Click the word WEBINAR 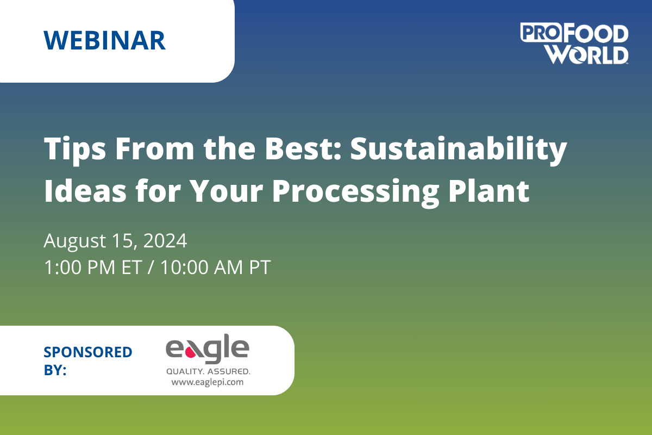pyautogui.click(x=104, y=40)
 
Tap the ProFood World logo pyautogui.click(x=574, y=43)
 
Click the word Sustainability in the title pyautogui.click(x=459, y=150)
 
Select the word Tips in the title pyautogui.click(x=75, y=150)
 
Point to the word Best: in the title pyautogui.click(x=303, y=149)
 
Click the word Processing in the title pyautogui.click(x=355, y=192)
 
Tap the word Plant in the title pyautogui.click(x=488, y=191)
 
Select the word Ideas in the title pyautogui.click(x=85, y=191)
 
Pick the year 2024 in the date pyautogui.click(x=165, y=241)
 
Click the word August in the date pyautogui.click(x=74, y=242)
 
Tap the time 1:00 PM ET pyautogui.click(x=93, y=267)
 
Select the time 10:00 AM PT pyautogui.click(x=216, y=267)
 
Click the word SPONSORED pyautogui.click(x=88, y=352)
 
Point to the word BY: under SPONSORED pyautogui.click(x=55, y=370)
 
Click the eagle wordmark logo pyautogui.click(x=208, y=349)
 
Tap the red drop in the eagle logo pyautogui.click(x=191, y=353)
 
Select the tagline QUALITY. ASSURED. pyautogui.click(x=208, y=371)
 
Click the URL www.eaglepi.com pyautogui.click(x=208, y=382)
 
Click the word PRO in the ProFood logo pyautogui.click(x=541, y=33)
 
